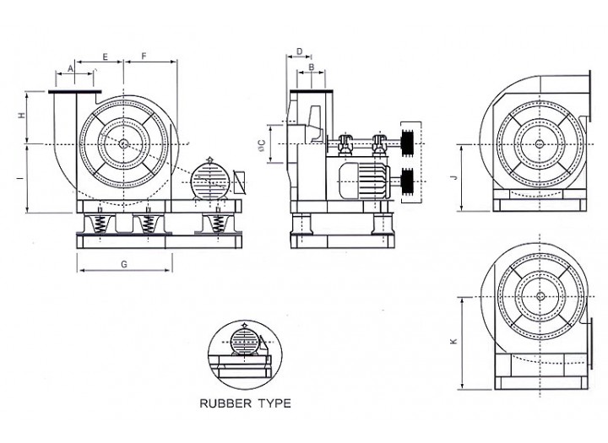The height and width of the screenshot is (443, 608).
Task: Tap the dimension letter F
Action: [x=145, y=57]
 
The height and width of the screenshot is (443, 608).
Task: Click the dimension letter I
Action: [x=21, y=178]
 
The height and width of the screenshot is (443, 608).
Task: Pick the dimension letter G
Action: [x=124, y=264]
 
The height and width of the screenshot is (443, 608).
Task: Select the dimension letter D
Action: [x=300, y=52]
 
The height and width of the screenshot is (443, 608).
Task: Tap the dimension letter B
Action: [x=312, y=68]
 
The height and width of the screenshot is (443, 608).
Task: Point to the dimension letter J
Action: [x=454, y=177]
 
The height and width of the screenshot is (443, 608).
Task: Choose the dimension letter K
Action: [x=454, y=342]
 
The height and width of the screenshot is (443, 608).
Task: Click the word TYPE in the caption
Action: [x=275, y=403]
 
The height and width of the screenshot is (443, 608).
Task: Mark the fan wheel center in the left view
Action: [x=124, y=144]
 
